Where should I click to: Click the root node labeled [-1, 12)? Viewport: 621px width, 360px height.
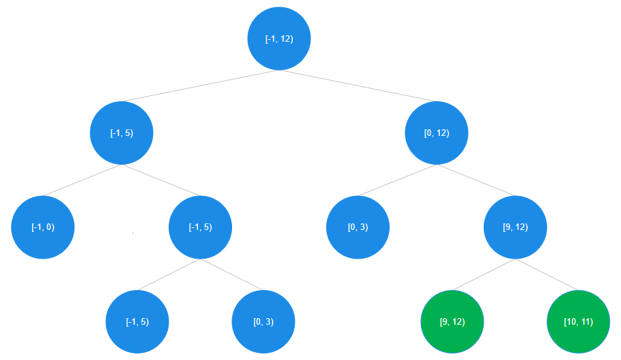(x=279, y=39)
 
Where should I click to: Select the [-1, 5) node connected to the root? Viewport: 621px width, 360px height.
(x=122, y=133)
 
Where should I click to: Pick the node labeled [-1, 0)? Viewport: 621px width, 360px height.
(x=43, y=227)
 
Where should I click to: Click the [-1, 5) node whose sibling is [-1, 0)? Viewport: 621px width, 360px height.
(x=201, y=227)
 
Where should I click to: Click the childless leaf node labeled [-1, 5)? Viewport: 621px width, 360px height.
(x=137, y=322)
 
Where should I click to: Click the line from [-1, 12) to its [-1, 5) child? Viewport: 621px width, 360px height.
(x=200, y=86)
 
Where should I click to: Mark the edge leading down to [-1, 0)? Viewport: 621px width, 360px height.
(x=82, y=180)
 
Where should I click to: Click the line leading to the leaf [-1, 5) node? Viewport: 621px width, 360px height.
(x=169, y=274)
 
